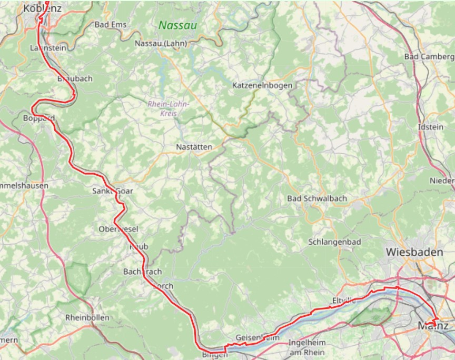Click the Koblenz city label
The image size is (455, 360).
click(43, 8)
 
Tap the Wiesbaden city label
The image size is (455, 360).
click(414, 252)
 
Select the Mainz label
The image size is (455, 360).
click(433, 326)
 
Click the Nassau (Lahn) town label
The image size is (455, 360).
click(161, 43)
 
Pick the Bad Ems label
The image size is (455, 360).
click(111, 24)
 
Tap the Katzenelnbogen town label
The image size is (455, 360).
click(262, 85)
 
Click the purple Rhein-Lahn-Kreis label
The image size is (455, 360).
click(169, 108)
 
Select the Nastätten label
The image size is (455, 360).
click(195, 147)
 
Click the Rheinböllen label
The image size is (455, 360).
click(87, 318)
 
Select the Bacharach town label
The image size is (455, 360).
click(142, 272)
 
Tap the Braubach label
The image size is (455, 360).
click(75, 78)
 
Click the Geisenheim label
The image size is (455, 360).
click(256, 338)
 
